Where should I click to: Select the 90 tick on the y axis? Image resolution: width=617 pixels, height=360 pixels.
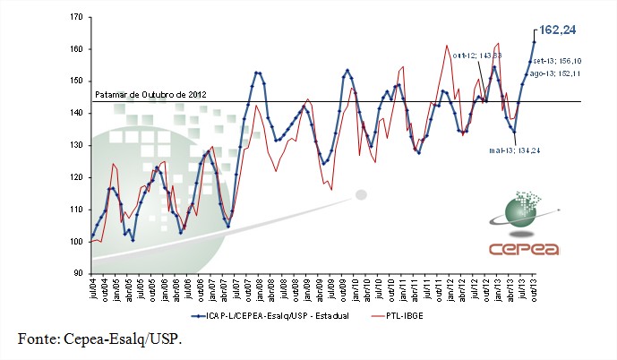click(76, 273)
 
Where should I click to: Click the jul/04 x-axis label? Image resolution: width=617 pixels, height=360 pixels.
click(93, 289)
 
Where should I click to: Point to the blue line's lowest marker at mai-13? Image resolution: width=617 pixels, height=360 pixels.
click(515, 133)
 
